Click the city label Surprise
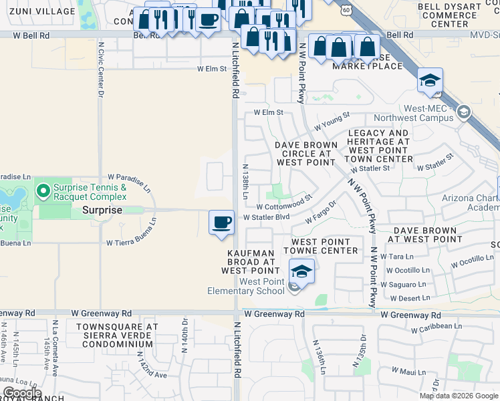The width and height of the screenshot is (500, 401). tap(102, 210)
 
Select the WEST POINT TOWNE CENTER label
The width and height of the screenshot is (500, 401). tap(316, 246)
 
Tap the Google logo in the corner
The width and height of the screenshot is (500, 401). tap(21, 393)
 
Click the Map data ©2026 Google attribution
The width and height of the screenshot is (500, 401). tap(459, 396)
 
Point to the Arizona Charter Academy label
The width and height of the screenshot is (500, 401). tap(471, 203)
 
